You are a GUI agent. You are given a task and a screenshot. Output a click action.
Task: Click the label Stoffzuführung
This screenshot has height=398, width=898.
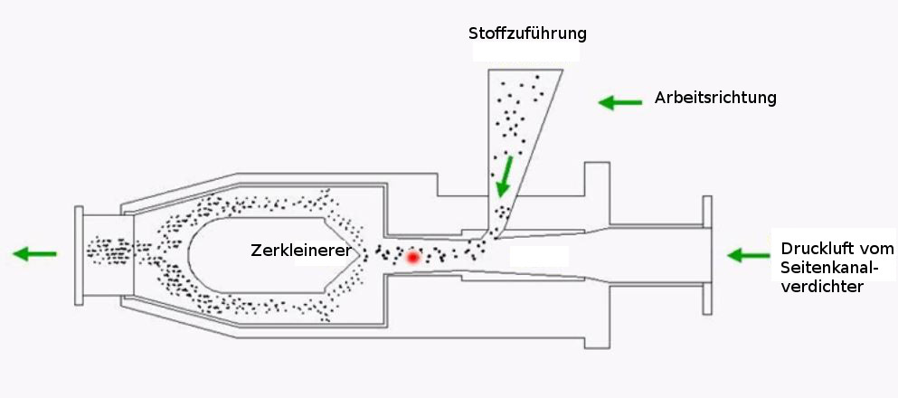pyautogui.click(x=527, y=33)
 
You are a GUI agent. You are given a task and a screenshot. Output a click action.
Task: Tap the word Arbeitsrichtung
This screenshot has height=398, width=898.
pyautogui.click(x=715, y=98)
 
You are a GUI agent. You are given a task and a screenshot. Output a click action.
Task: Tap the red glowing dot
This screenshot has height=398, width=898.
pyautogui.click(x=413, y=258)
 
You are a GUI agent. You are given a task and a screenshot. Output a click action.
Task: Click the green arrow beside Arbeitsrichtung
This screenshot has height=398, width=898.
pyautogui.click(x=619, y=102)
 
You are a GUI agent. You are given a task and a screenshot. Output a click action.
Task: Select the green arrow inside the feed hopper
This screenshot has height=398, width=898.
pyautogui.click(x=504, y=176)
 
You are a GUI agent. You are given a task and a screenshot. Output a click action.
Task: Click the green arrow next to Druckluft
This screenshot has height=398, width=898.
pyautogui.click(x=749, y=256)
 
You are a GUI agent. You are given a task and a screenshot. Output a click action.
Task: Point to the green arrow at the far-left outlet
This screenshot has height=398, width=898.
pyautogui.click(x=34, y=254)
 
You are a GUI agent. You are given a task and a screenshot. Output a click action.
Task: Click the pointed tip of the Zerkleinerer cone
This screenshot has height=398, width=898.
pyautogui.click(x=366, y=252)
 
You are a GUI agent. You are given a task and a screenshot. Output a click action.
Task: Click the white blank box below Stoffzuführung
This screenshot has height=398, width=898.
pyautogui.click(x=525, y=54)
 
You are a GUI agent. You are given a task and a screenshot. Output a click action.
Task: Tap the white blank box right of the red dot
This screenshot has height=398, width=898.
pyautogui.click(x=540, y=257)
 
